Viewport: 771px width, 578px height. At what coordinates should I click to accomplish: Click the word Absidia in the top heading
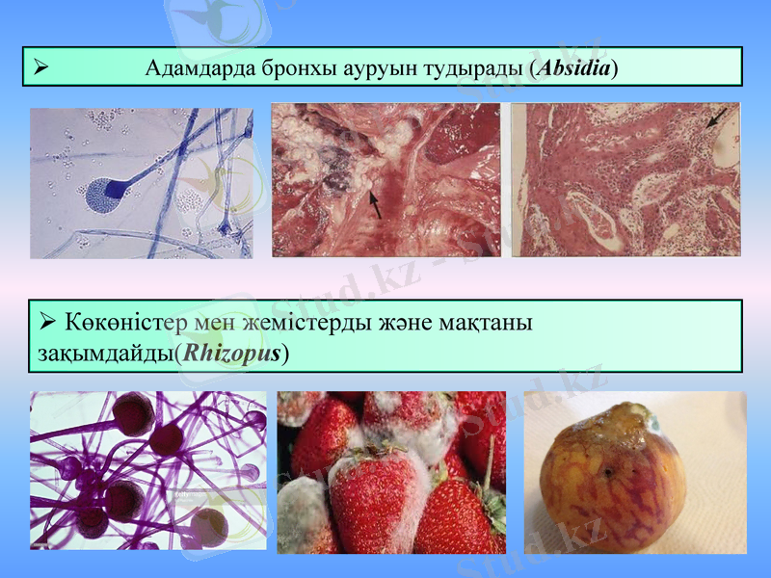click(576, 68)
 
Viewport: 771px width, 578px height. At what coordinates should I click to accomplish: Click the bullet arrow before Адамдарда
click(40, 67)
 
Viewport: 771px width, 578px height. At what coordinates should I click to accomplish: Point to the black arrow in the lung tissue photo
click(375, 203)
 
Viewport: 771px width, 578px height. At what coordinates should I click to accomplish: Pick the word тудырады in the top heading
click(477, 68)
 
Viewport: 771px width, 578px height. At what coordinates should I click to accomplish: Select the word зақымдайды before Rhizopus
click(105, 353)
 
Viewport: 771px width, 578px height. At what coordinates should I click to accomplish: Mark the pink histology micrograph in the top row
click(625, 180)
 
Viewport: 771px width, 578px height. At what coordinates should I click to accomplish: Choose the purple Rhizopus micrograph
click(148, 470)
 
